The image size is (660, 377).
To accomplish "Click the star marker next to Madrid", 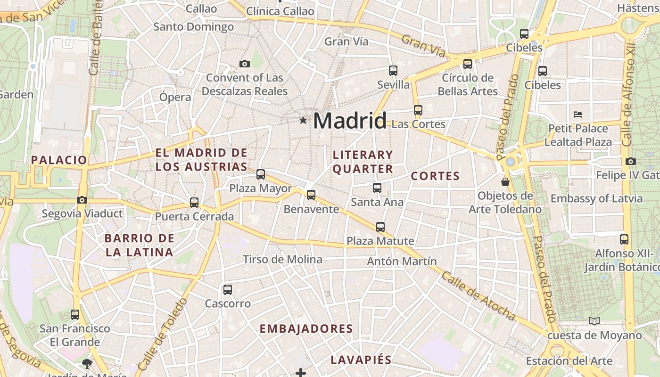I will coord(303,121).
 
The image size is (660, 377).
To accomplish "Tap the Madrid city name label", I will coord(350,121).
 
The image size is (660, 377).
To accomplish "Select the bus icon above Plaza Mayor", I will coord(261,174).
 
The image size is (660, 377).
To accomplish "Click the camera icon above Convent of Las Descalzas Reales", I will coord(244,64).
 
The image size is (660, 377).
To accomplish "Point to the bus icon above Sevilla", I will coord(393,71).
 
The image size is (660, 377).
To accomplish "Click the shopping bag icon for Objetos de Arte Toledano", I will coord(505,181).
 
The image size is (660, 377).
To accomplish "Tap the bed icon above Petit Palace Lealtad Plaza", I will coord(578,114).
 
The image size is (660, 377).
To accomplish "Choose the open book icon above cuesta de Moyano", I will coord(594,321).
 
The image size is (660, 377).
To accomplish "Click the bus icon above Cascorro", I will coord(228,289).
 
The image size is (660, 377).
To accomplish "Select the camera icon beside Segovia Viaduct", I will coord(82,200).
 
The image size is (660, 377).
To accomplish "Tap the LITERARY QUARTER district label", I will coord(363,162).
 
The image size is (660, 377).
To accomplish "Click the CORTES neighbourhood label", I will coord(435,176).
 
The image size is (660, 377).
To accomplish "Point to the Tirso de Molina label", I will coord(282,259).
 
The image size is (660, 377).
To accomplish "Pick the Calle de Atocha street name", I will coord(478,296).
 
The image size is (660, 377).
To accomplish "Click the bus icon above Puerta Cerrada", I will coord(194,203).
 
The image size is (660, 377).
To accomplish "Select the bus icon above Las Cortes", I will coord(418,110).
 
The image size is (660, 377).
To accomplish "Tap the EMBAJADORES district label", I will coord(306,328).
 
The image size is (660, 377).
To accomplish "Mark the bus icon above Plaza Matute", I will coord(380,227).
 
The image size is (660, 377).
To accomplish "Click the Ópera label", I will coord(175,97).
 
